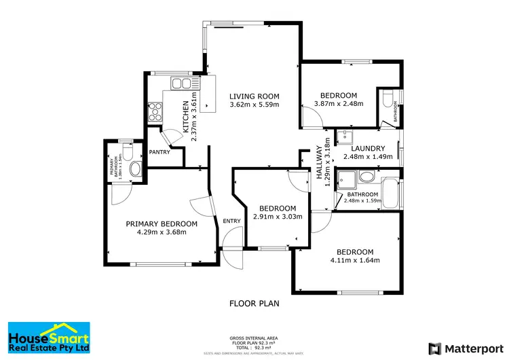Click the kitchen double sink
tap(181, 84)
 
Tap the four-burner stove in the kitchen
tap(154, 109)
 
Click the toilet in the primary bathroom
tap(124, 145)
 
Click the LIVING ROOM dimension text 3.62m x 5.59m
tap(254, 105)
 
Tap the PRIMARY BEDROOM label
tap(162, 223)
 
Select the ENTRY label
tap(231, 221)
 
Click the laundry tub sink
tap(345, 134)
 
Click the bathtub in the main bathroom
tap(392, 194)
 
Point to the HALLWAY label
tap(319, 162)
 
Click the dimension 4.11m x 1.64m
tap(355, 259)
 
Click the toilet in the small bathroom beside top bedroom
tap(387, 103)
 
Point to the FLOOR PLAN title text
tap(254, 304)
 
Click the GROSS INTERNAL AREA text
tap(254, 338)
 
